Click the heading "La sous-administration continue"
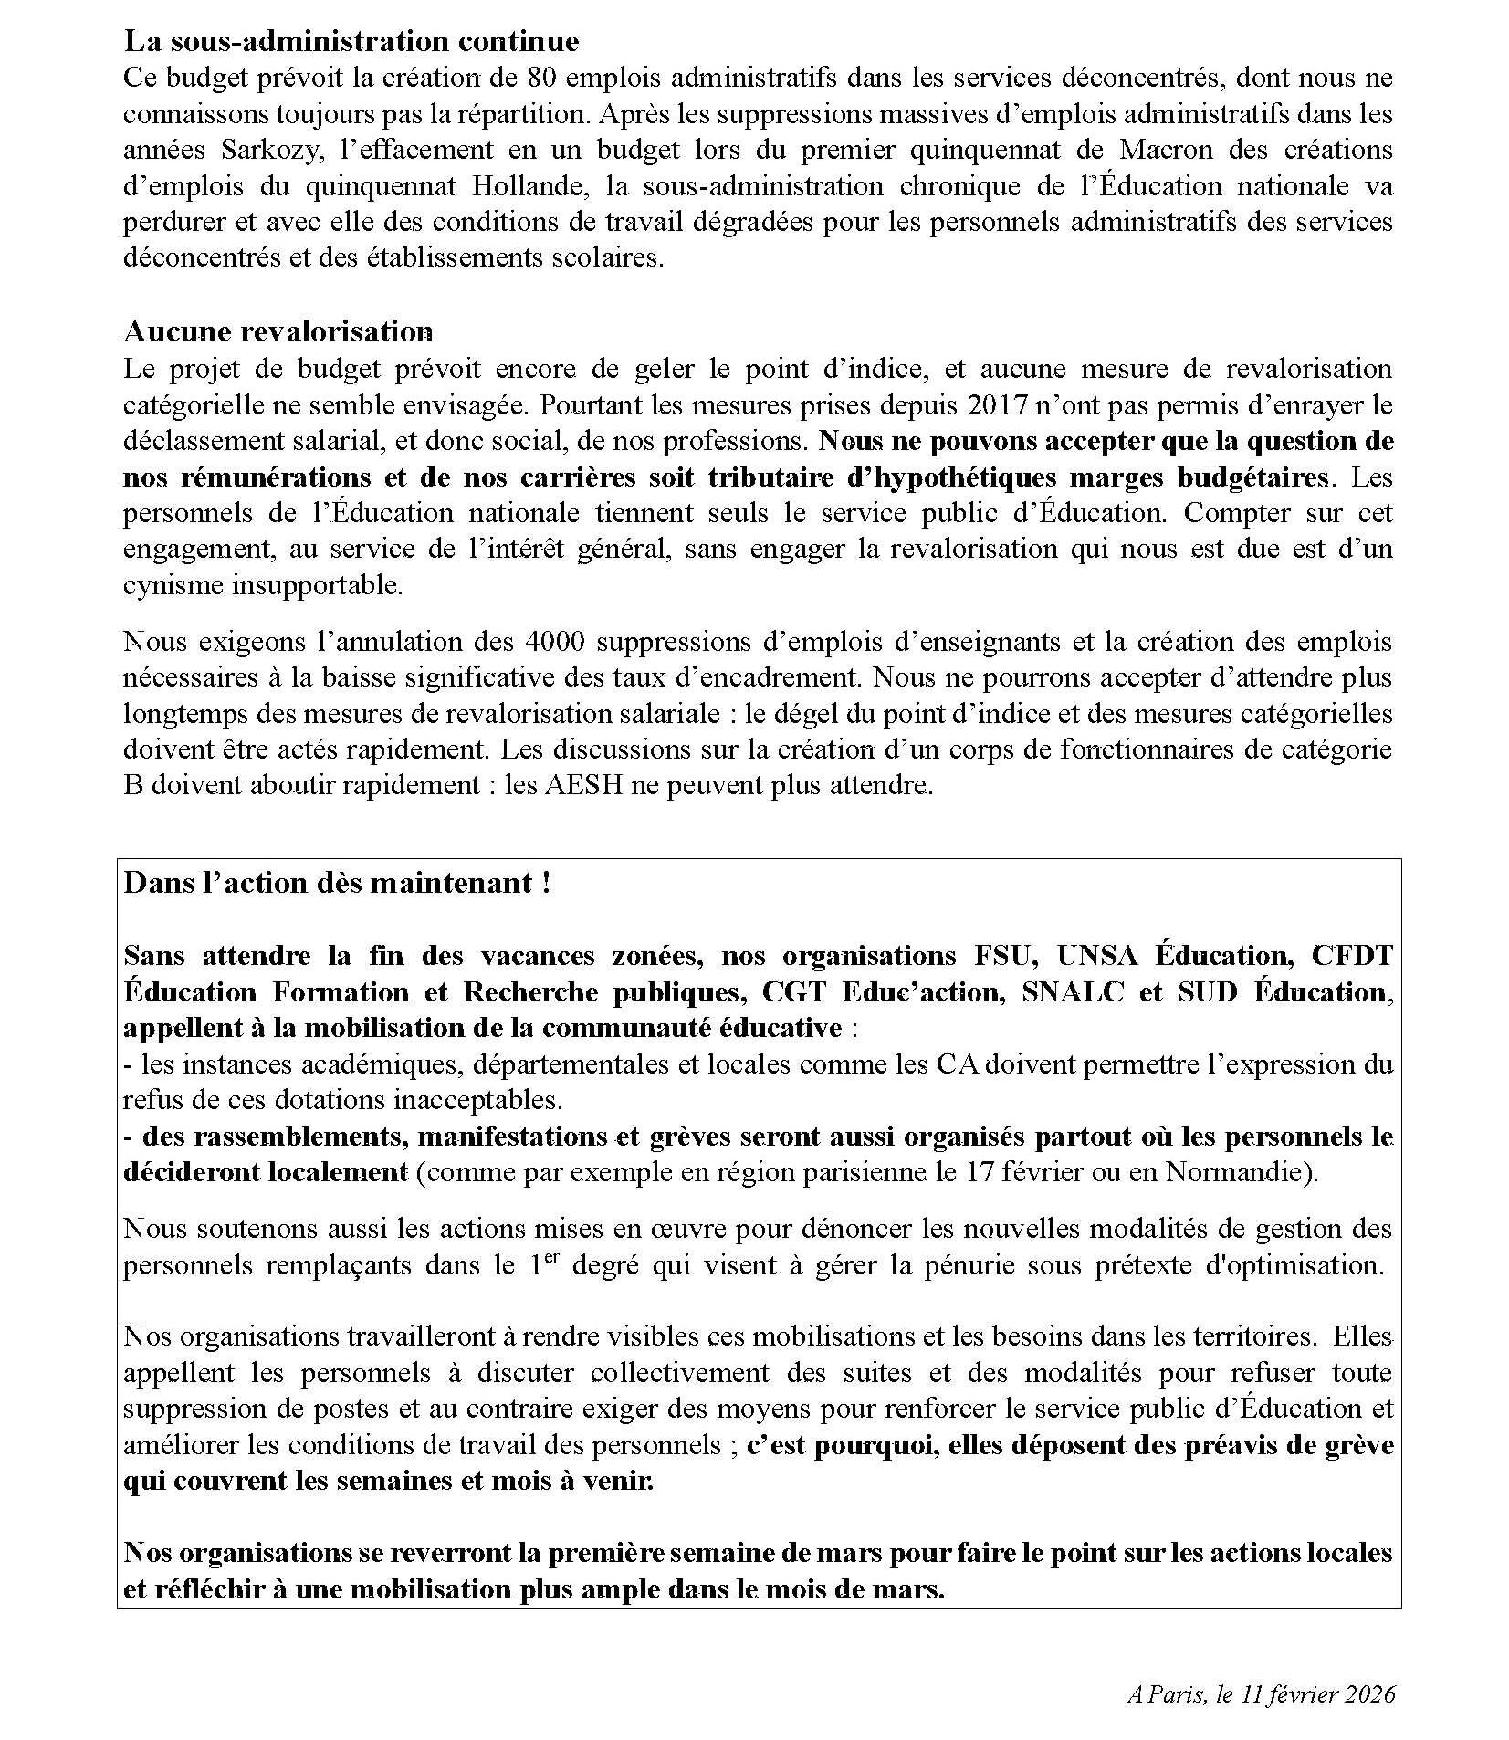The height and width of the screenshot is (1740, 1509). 351,41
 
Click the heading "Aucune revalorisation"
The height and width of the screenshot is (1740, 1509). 278,330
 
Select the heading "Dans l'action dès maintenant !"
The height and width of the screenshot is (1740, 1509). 337,884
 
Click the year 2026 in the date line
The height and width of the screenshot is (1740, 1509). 1371,1695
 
